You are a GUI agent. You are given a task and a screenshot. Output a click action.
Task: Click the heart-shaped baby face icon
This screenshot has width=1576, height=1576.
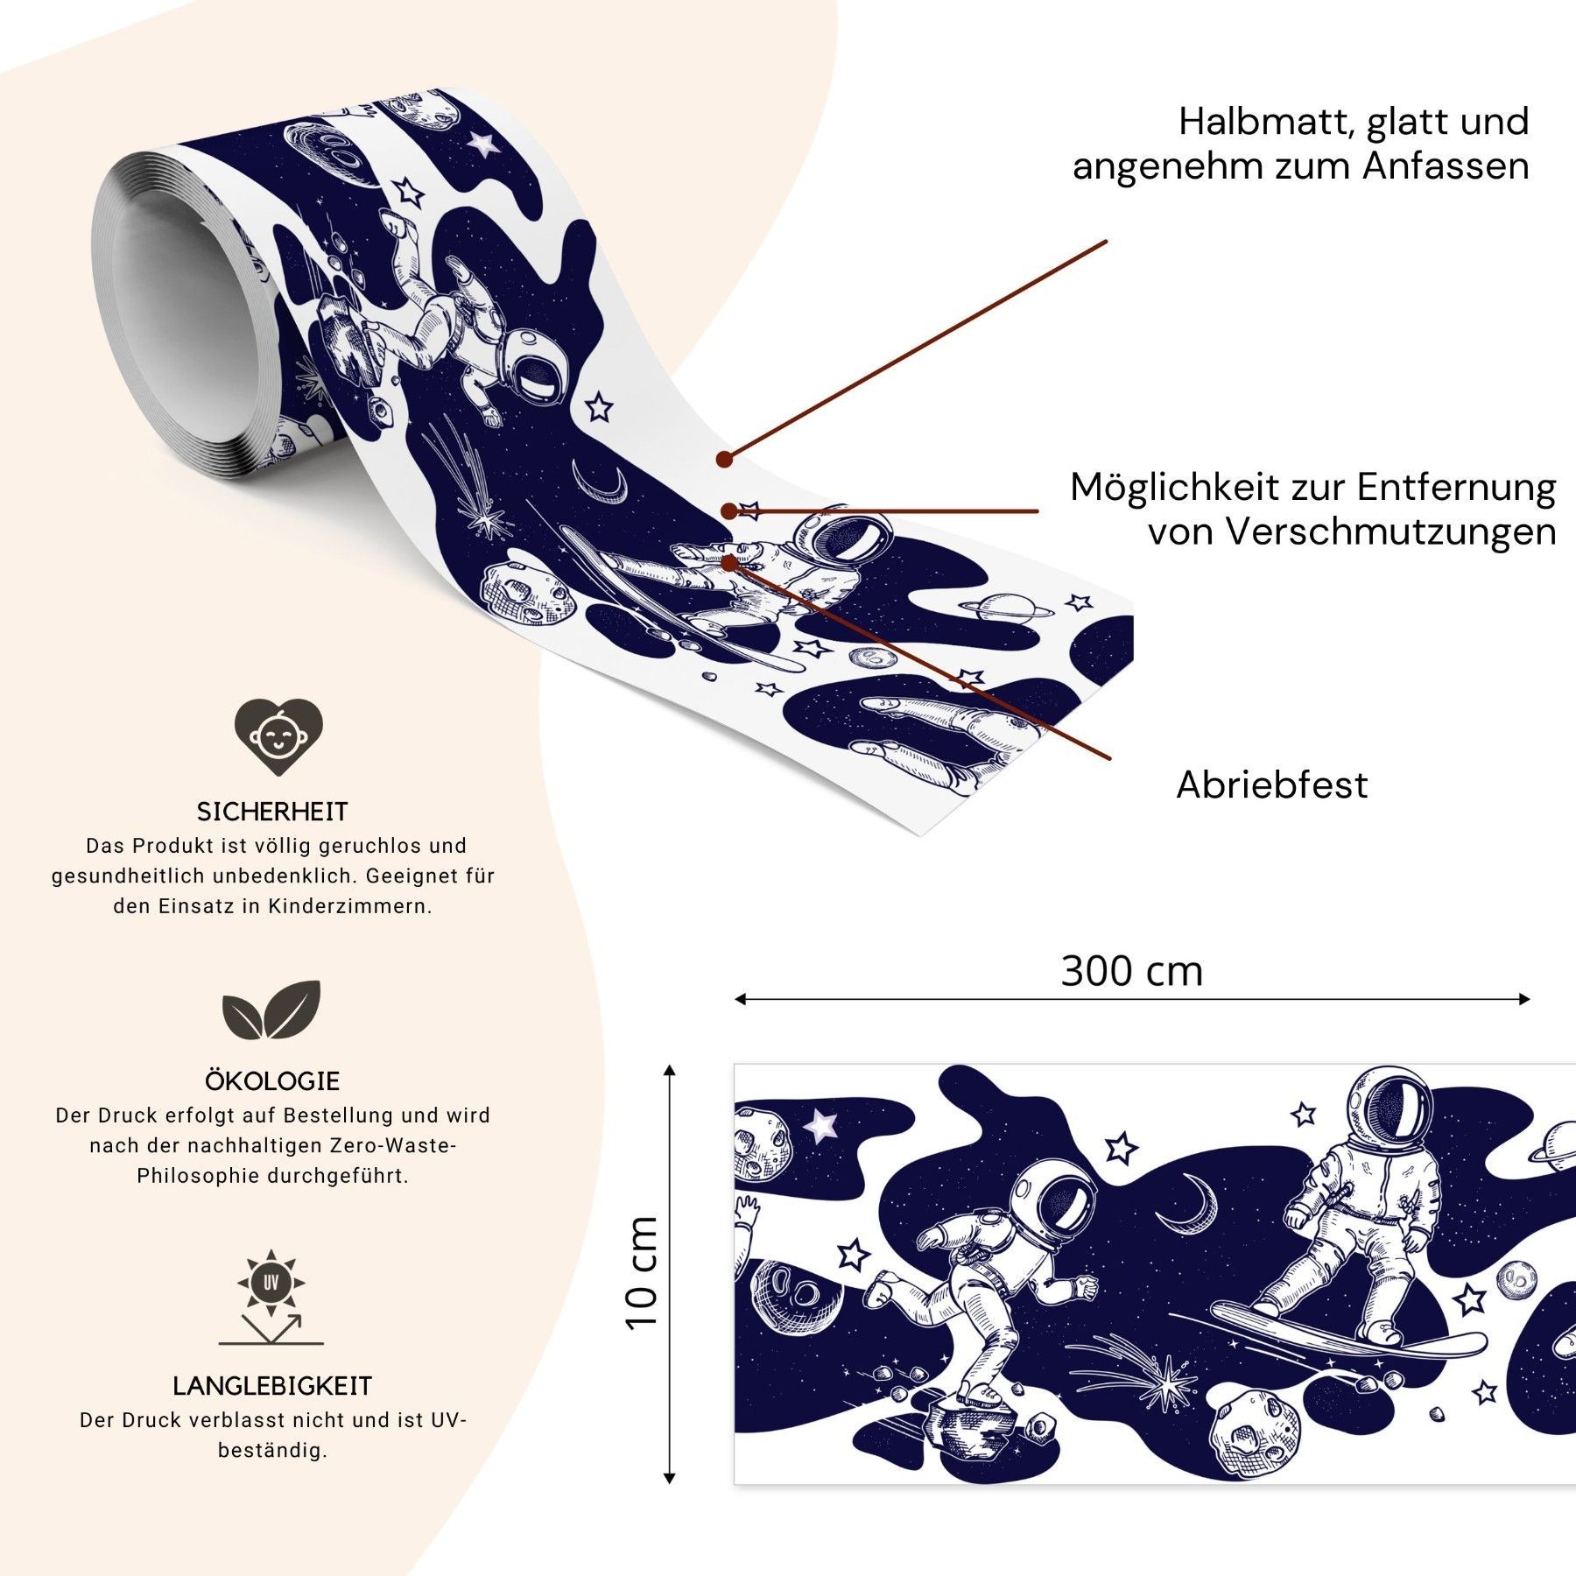pos(278,735)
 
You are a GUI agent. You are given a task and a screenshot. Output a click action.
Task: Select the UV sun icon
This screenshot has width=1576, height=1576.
pos(271,1284)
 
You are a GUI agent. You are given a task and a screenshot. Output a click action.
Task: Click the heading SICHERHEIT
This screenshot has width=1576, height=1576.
pos(272,812)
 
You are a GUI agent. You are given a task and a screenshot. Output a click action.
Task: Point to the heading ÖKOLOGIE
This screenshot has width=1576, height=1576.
pos(272,1081)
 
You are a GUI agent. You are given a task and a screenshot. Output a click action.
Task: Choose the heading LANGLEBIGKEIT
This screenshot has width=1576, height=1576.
pos(272,1386)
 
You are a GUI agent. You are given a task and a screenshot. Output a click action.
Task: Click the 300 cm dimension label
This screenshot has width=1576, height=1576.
pos(1131,972)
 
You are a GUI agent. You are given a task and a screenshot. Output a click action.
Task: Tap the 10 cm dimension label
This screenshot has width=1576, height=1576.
pos(642,1273)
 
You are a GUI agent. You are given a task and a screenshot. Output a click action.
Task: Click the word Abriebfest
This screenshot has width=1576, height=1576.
pos(1271,785)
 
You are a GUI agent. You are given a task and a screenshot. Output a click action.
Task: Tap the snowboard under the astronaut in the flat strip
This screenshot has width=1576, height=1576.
pos(1348,1333)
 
